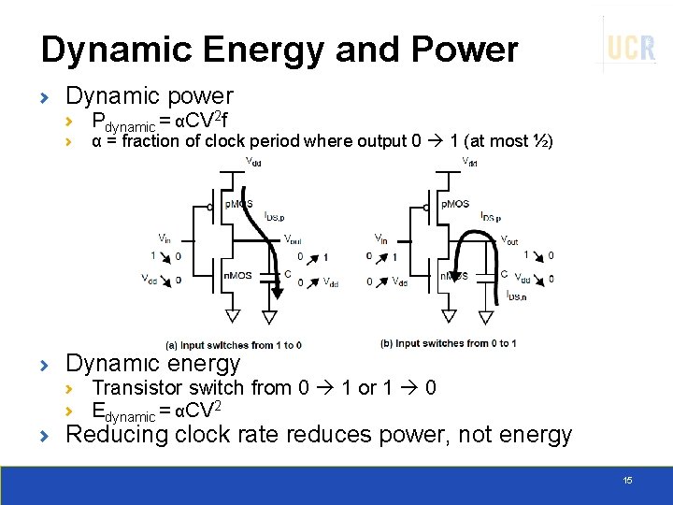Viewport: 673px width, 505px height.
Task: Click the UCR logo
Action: [x=631, y=47]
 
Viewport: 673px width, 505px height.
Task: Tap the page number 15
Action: [x=627, y=480]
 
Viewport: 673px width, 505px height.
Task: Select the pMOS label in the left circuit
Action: [x=238, y=204]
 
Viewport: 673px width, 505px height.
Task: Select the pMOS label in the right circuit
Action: [x=455, y=203]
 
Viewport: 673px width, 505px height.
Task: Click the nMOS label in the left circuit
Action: [x=237, y=275]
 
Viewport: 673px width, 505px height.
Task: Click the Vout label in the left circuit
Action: [x=292, y=238]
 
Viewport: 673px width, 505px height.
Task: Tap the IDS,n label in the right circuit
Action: [x=515, y=295]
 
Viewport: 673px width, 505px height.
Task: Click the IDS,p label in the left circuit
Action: [x=275, y=216]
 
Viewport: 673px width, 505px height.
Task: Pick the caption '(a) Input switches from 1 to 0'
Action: [x=234, y=345]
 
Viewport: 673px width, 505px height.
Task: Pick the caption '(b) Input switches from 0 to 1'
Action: [x=449, y=343]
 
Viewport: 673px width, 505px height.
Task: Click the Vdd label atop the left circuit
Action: [x=253, y=162]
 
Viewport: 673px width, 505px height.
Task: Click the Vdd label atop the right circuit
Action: [x=470, y=162]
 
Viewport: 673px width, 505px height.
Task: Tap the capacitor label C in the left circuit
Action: [x=288, y=274]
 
